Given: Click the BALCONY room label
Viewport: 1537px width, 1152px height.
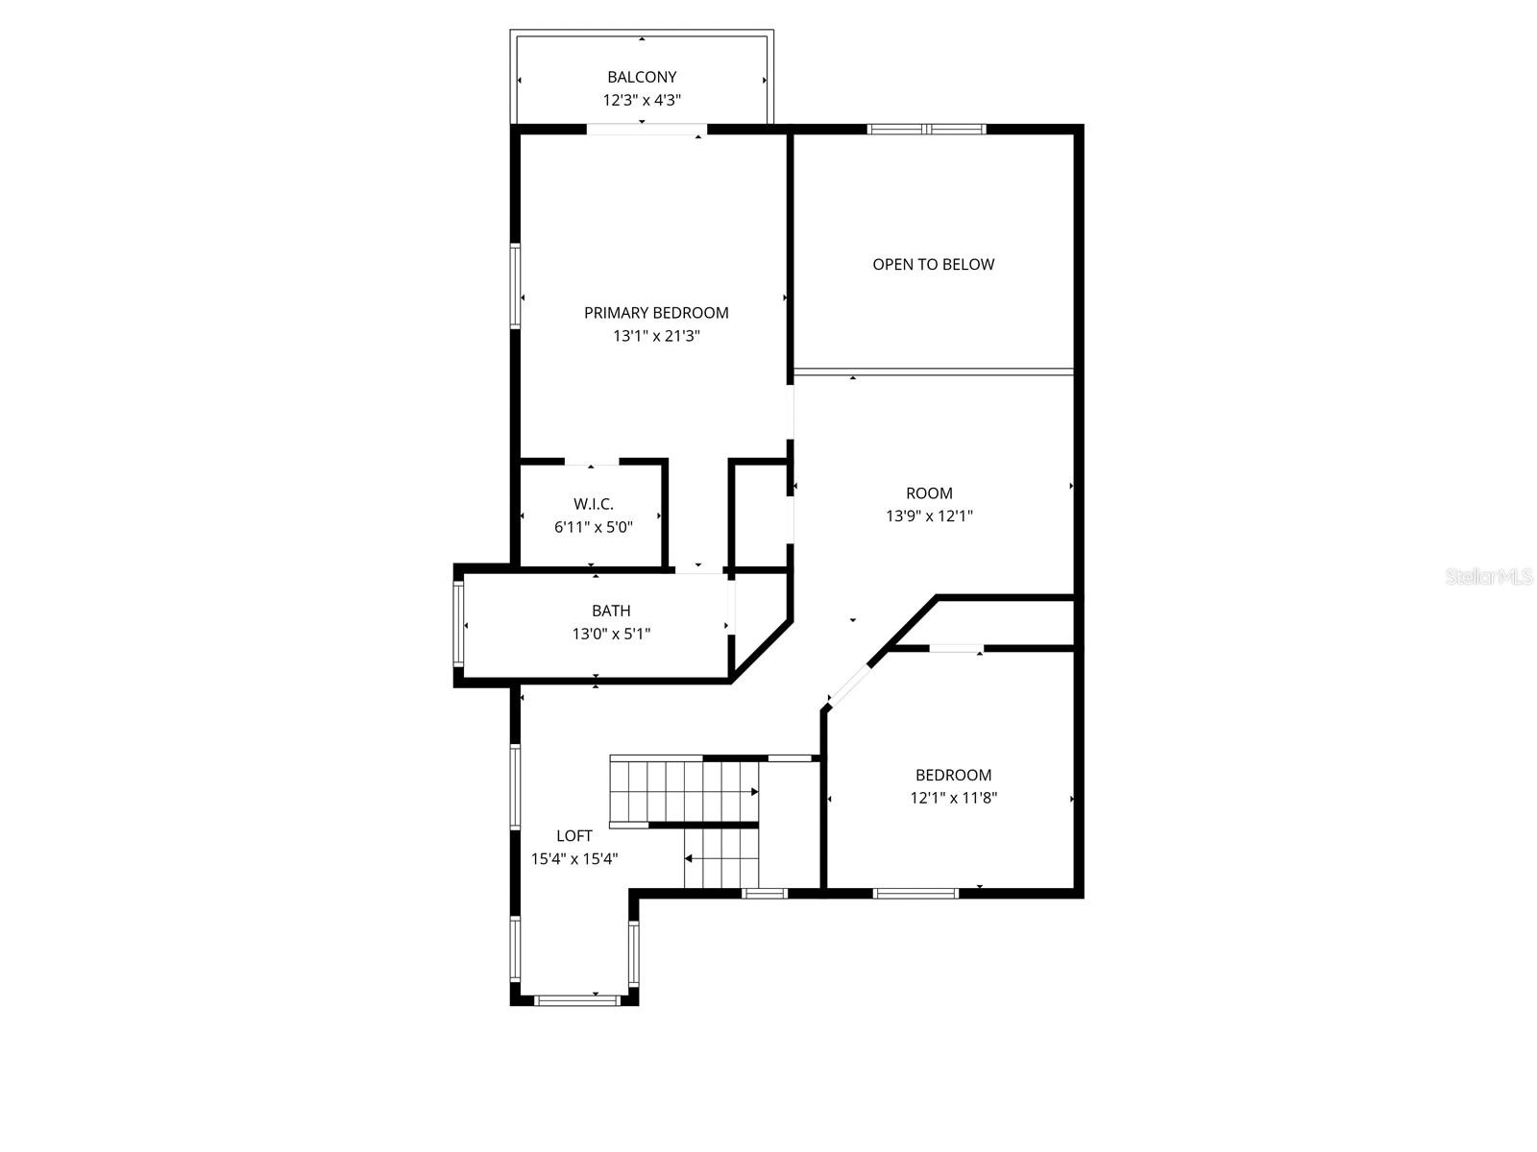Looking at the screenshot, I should (x=642, y=77).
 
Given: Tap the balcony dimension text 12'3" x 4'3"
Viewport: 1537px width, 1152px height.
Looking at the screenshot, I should (x=642, y=100).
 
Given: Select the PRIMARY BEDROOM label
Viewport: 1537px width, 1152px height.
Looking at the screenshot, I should (x=656, y=312).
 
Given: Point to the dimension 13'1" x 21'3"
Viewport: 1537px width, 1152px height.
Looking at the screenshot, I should (x=656, y=336).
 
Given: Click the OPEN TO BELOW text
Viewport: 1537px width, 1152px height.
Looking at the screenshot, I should (x=933, y=264).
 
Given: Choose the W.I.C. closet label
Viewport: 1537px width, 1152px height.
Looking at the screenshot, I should (x=593, y=504).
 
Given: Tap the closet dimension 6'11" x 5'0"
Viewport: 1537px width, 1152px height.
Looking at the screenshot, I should (x=593, y=527).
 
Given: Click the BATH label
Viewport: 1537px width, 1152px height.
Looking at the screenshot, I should (x=611, y=611).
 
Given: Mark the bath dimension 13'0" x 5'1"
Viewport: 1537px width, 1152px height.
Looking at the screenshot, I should (x=611, y=634).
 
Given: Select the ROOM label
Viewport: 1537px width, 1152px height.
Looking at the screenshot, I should (x=929, y=493).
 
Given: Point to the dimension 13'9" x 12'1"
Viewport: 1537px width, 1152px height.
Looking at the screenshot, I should (x=929, y=516).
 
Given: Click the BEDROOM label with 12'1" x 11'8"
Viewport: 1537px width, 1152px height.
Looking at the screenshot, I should (x=953, y=775).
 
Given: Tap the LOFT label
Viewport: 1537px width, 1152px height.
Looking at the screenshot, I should (x=574, y=836).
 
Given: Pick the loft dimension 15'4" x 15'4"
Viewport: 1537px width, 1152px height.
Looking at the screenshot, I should (x=574, y=859).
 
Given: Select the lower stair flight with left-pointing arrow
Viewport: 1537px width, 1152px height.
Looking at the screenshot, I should (x=720, y=858).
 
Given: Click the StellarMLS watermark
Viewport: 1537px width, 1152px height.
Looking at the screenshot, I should (x=1488, y=576).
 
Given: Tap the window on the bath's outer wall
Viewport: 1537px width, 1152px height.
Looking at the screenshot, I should (x=459, y=624).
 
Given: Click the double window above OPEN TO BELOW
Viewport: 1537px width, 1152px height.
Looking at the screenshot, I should (x=926, y=129).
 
